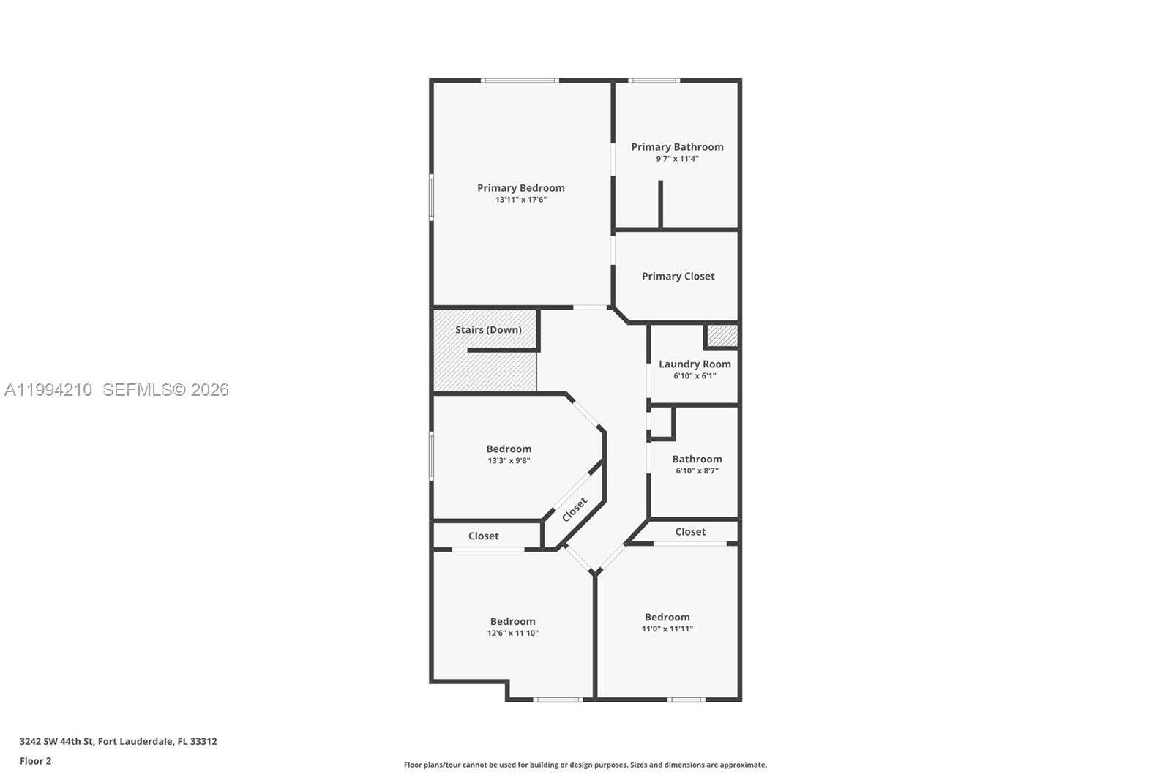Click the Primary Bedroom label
(520, 187)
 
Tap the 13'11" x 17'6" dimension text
(520, 200)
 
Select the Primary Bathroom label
(677, 146)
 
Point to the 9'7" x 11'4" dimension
(677, 159)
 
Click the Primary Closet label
(678, 276)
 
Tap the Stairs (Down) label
(488, 329)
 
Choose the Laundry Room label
(695, 364)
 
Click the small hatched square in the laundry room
(722, 336)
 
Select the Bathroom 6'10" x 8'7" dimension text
(697, 471)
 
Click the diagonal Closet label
(575, 509)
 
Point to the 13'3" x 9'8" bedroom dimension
(509, 461)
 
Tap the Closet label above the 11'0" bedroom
(690, 532)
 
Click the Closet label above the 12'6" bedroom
(483, 536)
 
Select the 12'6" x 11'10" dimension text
(512, 634)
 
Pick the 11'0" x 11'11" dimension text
(667, 629)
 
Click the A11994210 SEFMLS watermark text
(117, 389)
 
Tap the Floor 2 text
(35, 761)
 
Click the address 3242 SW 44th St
(118, 741)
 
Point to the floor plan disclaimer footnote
(585, 765)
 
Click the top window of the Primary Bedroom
(520, 80)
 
